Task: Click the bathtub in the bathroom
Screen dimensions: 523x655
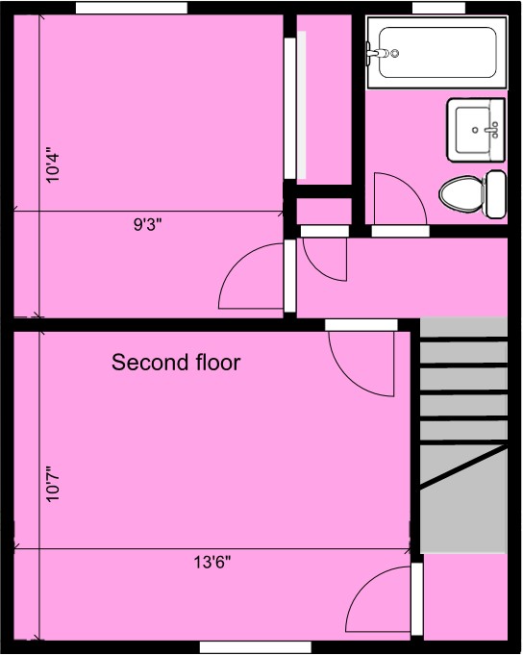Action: tap(437, 52)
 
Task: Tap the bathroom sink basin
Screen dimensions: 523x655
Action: tap(472, 130)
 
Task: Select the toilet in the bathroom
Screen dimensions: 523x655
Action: tap(472, 194)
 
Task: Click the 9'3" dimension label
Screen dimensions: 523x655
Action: tap(147, 225)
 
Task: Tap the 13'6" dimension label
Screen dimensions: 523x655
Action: tap(212, 563)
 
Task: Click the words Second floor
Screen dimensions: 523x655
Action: tap(176, 363)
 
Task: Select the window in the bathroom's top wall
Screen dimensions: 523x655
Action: tap(438, 8)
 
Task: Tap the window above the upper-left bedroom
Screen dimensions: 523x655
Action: tap(132, 8)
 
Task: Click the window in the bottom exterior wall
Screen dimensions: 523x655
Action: tap(256, 647)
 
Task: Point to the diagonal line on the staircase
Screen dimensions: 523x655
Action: tap(463, 466)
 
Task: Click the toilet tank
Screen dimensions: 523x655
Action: tap(496, 194)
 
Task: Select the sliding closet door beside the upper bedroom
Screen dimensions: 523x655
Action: tap(290, 109)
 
